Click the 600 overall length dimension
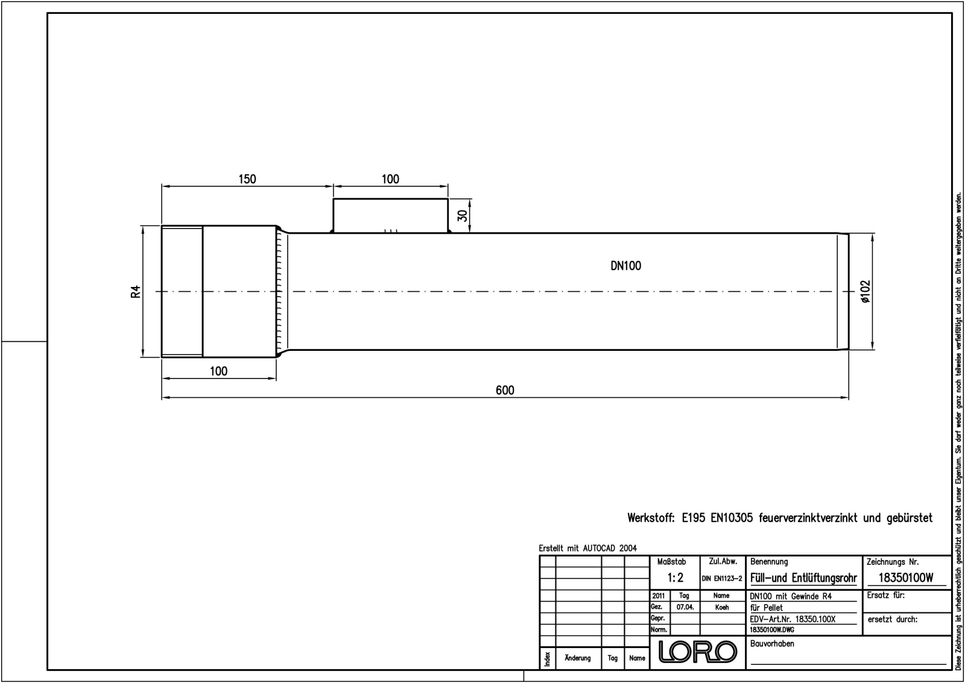[505, 390]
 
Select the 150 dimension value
[247, 179]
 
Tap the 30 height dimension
[463, 215]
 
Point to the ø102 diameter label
[865, 292]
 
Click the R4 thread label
[136, 292]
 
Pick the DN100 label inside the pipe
[625, 266]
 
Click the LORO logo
[698, 652]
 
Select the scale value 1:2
[675, 578]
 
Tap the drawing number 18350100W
[906, 578]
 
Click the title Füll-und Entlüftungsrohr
[803, 578]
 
